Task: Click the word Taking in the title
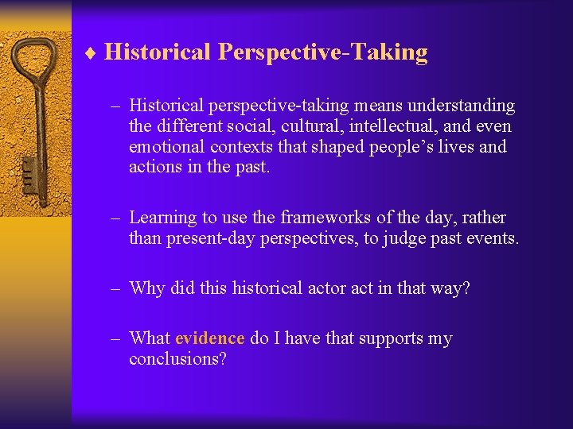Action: point(390,52)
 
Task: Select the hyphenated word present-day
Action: point(212,238)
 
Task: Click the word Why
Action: point(147,288)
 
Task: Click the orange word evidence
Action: point(209,338)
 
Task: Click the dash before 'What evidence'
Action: point(115,338)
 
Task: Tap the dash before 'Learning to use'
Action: point(115,218)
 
